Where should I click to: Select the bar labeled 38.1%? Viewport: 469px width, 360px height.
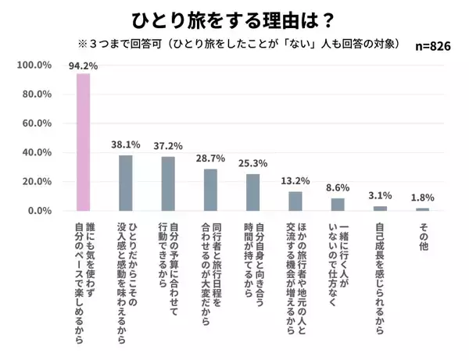tap(125, 184)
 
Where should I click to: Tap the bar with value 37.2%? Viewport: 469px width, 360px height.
tap(168, 184)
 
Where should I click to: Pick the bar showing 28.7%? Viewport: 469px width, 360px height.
tap(210, 191)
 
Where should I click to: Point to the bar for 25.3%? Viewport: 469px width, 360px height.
tap(252, 193)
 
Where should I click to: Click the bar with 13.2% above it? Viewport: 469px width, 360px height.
tap(295, 201)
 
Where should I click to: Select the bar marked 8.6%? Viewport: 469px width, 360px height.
tap(338, 205)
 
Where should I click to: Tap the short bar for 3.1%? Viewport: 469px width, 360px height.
tap(380, 209)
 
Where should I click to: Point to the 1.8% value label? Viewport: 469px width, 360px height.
tap(422, 198)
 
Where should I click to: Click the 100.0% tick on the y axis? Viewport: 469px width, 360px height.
tap(34, 66)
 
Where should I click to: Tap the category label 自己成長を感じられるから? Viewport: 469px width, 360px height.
tap(380, 273)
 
